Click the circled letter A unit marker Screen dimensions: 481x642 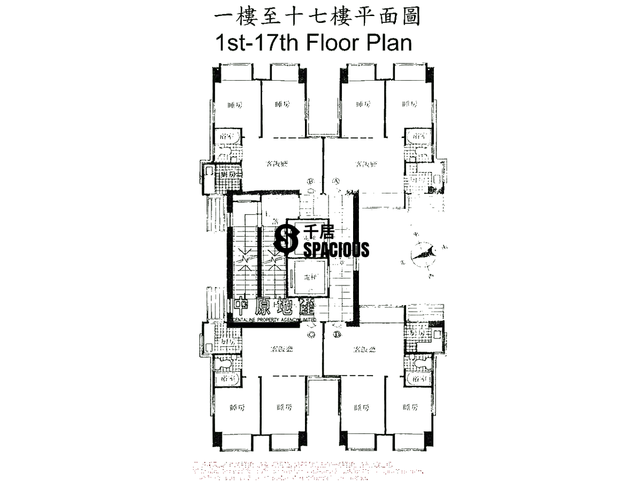coord(337,181)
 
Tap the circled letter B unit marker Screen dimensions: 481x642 coord(310,181)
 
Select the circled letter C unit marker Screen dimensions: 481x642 coord(310,335)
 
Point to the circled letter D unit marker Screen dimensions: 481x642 coord(337,335)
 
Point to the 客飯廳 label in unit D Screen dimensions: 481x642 coord(364,350)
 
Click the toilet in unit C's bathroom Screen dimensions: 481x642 coord(225,364)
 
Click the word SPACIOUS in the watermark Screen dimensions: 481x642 coord(336,249)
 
